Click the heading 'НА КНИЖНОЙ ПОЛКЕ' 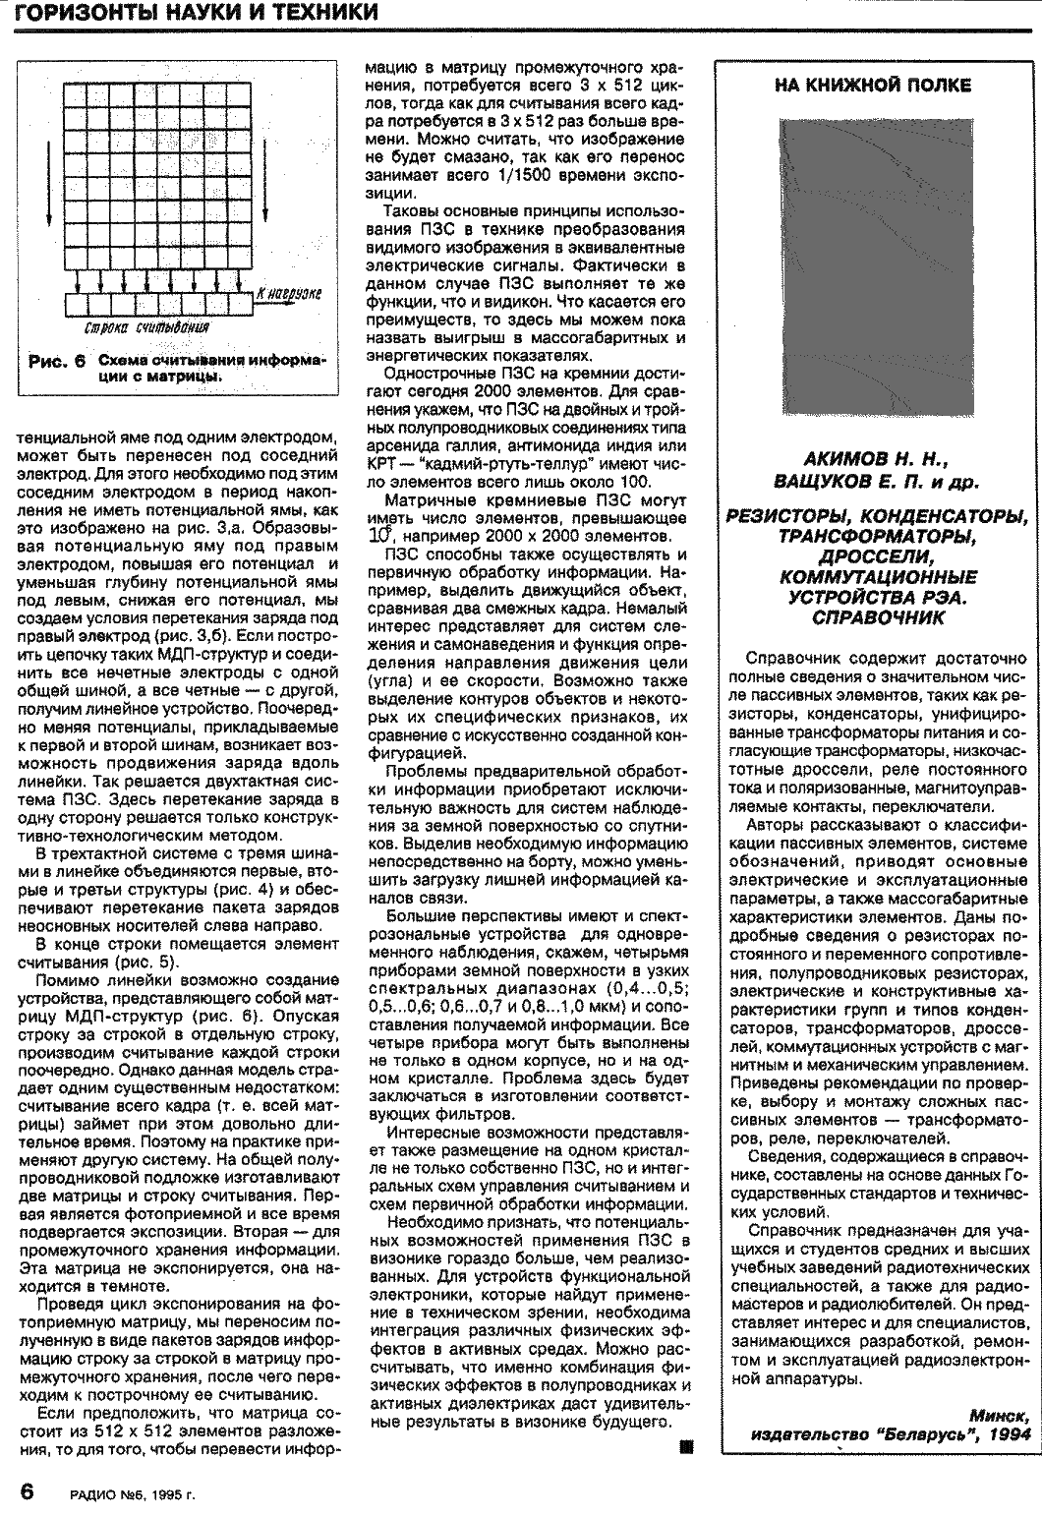tap(873, 86)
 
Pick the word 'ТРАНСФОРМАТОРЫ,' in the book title tap(874, 536)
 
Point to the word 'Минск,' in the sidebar tap(1001, 1415)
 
